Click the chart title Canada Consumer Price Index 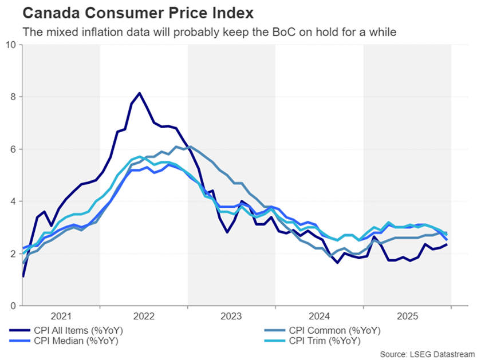coord(130,11)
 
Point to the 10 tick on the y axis coord(11,45)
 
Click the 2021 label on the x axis coord(61,316)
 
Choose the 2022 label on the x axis coord(144,316)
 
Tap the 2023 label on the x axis coord(231,316)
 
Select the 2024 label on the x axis coord(319,316)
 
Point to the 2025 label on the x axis coord(407,316)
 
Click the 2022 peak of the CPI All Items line coord(139,93)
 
